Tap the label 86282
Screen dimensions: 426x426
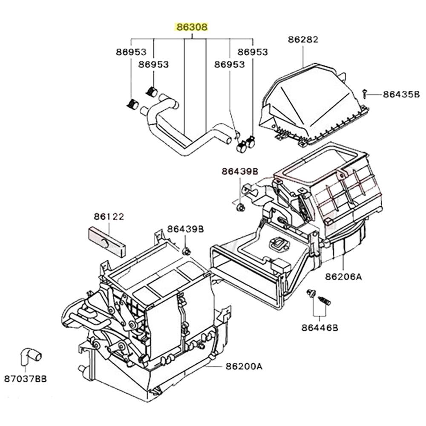pos(303,40)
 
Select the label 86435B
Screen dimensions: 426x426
pos(401,95)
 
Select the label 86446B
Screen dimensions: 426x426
pos(319,328)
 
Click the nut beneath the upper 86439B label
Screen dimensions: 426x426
pos(240,207)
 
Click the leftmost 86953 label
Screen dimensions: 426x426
pos(131,52)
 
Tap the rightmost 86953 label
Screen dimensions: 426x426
pos(253,52)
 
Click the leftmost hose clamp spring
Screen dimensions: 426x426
pos(133,104)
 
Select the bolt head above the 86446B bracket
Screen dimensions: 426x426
pos(311,293)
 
